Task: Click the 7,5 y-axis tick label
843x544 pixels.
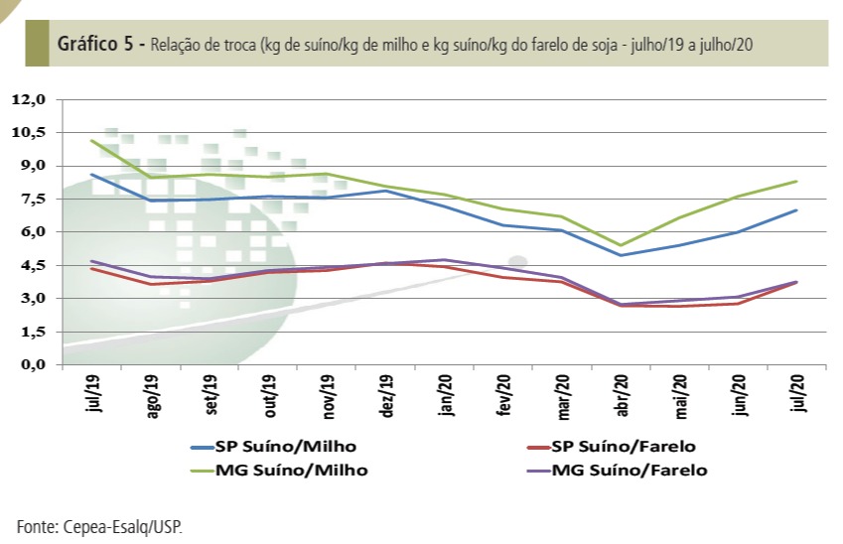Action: tap(32, 199)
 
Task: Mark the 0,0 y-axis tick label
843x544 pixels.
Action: tap(32, 364)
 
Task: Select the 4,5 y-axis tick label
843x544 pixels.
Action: tap(32, 265)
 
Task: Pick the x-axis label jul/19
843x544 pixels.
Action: tap(93, 395)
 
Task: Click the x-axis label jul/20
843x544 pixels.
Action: tap(798, 395)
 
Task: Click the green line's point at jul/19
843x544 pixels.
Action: tap(91, 140)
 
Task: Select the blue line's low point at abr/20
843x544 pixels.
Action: tap(621, 255)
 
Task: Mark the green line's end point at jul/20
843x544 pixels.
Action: tap(798, 181)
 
